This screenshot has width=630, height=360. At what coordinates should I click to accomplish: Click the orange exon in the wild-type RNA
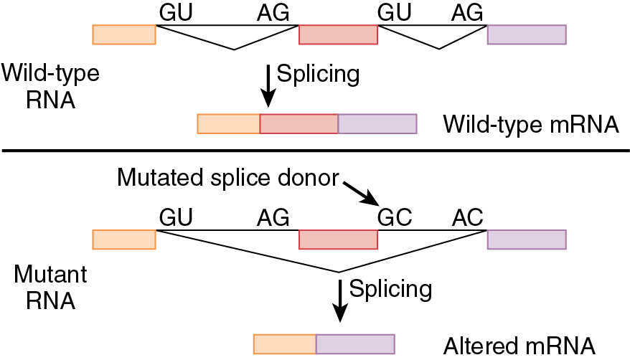click(124, 34)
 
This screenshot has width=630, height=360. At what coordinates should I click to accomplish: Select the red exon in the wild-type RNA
click(338, 34)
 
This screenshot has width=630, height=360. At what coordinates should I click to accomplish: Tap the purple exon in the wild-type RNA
click(527, 34)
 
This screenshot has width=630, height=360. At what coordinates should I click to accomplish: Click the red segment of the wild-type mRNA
click(298, 123)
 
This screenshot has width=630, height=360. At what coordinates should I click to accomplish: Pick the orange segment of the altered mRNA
click(285, 344)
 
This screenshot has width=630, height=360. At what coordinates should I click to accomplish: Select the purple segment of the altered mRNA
click(355, 344)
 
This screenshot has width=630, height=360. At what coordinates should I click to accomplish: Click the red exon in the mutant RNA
click(338, 240)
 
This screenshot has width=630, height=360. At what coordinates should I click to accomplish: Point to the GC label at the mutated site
click(395, 216)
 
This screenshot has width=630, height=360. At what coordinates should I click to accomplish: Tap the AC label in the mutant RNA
click(467, 216)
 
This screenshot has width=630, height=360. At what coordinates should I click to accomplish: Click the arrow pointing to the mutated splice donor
click(360, 192)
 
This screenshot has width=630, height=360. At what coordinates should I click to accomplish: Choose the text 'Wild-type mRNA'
click(531, 124)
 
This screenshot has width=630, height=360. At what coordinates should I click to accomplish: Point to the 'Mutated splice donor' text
click(227, 177)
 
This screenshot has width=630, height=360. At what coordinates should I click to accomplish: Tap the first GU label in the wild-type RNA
click(176, 12)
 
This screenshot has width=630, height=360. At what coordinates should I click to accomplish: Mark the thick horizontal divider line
click(315, 151)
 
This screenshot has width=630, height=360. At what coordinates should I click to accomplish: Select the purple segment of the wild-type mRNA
click(377, 123)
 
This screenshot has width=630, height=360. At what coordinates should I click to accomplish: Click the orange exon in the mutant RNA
click(124, 240)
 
